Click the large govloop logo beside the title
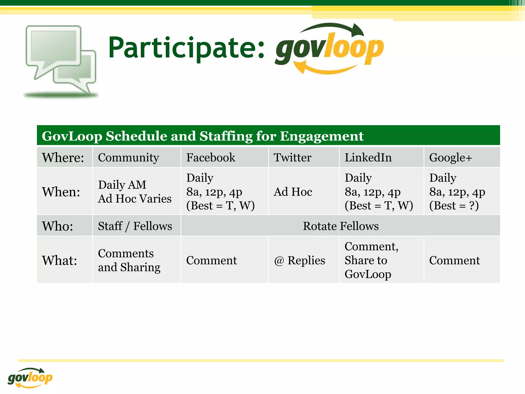329,49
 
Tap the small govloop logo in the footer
30,378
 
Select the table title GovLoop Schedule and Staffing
203,136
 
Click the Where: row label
63,157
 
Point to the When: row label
61,192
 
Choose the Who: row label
58,226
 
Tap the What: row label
60,260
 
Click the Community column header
128,157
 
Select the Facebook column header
211,157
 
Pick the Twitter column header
292,157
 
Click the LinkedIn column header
368,157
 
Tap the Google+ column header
450,157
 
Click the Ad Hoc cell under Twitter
293,192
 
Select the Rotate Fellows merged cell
341,226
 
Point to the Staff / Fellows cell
135,226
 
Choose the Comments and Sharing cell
129,260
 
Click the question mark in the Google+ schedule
472,205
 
